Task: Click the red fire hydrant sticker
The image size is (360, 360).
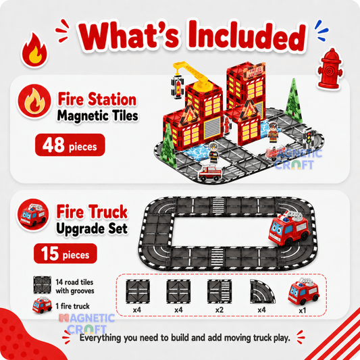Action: (330, 68)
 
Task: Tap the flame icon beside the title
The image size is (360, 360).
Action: (35, 49)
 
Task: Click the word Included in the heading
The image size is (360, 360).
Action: (247, 36)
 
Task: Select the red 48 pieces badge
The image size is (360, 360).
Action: (70, 145)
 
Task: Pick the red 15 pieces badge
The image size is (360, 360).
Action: (66, 253)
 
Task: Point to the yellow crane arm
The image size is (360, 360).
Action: (192, 74)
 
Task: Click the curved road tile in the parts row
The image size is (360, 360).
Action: (262, 292)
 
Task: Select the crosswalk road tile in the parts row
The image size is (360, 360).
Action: (219, 292)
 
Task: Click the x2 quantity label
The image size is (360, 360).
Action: (220, 310)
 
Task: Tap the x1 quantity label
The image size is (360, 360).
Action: (303, 311)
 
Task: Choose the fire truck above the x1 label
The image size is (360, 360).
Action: (303, 291)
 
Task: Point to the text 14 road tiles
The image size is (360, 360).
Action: (74, 282)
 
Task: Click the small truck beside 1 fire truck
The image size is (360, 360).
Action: (42, 305)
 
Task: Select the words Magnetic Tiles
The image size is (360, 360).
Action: (97, 115)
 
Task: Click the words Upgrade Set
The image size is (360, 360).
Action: (92, 229)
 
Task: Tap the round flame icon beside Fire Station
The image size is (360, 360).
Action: (34, 101)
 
